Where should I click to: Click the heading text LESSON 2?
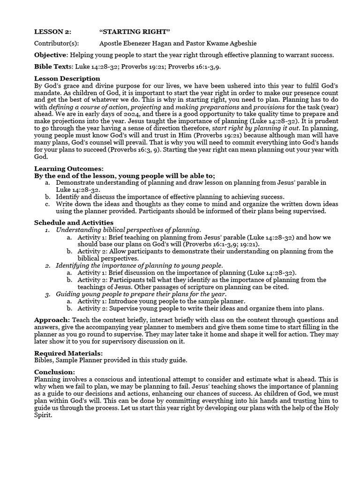[x=52, y=31]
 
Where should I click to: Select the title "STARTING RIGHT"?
[x=135, y=31]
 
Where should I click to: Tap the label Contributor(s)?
[x=56, y=43]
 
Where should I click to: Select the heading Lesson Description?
[x=67, y=78]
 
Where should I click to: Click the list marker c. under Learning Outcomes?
[x=48, y=204]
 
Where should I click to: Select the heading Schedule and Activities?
[x=74, y=222]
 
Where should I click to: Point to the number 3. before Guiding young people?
[x=48, y=294]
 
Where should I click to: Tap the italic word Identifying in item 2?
[x=75, y=265]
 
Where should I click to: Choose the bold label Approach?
[x=52, y=320]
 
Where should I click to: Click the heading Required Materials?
[x=68, y=353]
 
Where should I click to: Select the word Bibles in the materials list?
[x=45, y=360]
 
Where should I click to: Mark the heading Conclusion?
[x=54, y=372]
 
